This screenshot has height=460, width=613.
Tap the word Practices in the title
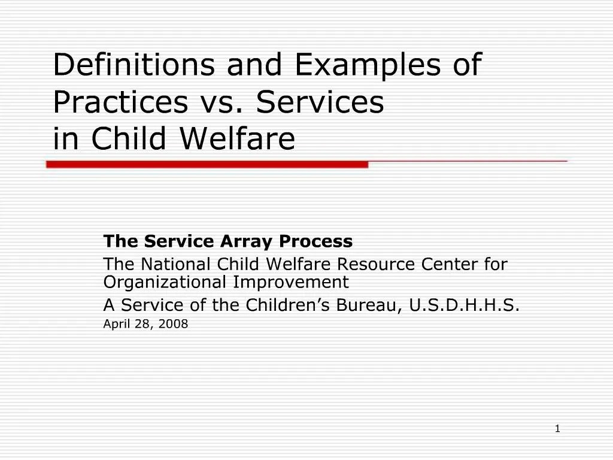(x=120, y=102)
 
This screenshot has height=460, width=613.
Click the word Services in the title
(x=320, y=102)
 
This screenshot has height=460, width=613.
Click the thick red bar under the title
(x=207, y=164)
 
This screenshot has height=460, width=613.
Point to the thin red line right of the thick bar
(x=467, y=162)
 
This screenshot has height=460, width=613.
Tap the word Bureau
(x=369, y=305)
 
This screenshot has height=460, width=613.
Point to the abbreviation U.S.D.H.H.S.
(x=465, y=305)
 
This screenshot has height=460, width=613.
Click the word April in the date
(x=115, y=325)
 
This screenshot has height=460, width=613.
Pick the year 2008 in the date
(x=175, y=325)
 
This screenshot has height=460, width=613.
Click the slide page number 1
(x=557, y=428)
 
